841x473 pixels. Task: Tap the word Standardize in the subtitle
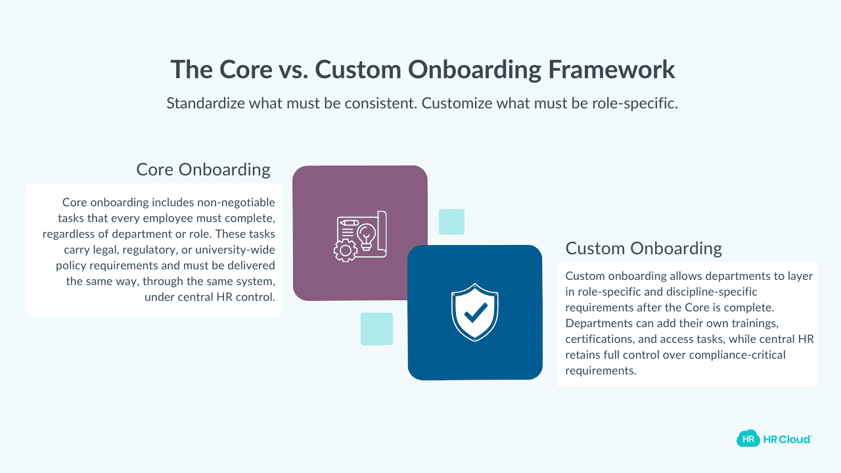click(208, 104)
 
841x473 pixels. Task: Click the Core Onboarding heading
click(203, 169)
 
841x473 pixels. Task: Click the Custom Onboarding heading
click(643, 248)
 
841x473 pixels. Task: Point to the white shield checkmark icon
click(474, 313)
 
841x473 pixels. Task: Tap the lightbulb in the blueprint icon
click(365, 234)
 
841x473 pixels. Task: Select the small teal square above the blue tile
click(451, 222)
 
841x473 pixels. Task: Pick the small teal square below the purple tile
click(376, 329)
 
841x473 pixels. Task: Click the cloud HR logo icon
click(748, 439)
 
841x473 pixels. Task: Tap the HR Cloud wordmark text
click(787, 439)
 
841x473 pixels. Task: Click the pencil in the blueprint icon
click(349, 223)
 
